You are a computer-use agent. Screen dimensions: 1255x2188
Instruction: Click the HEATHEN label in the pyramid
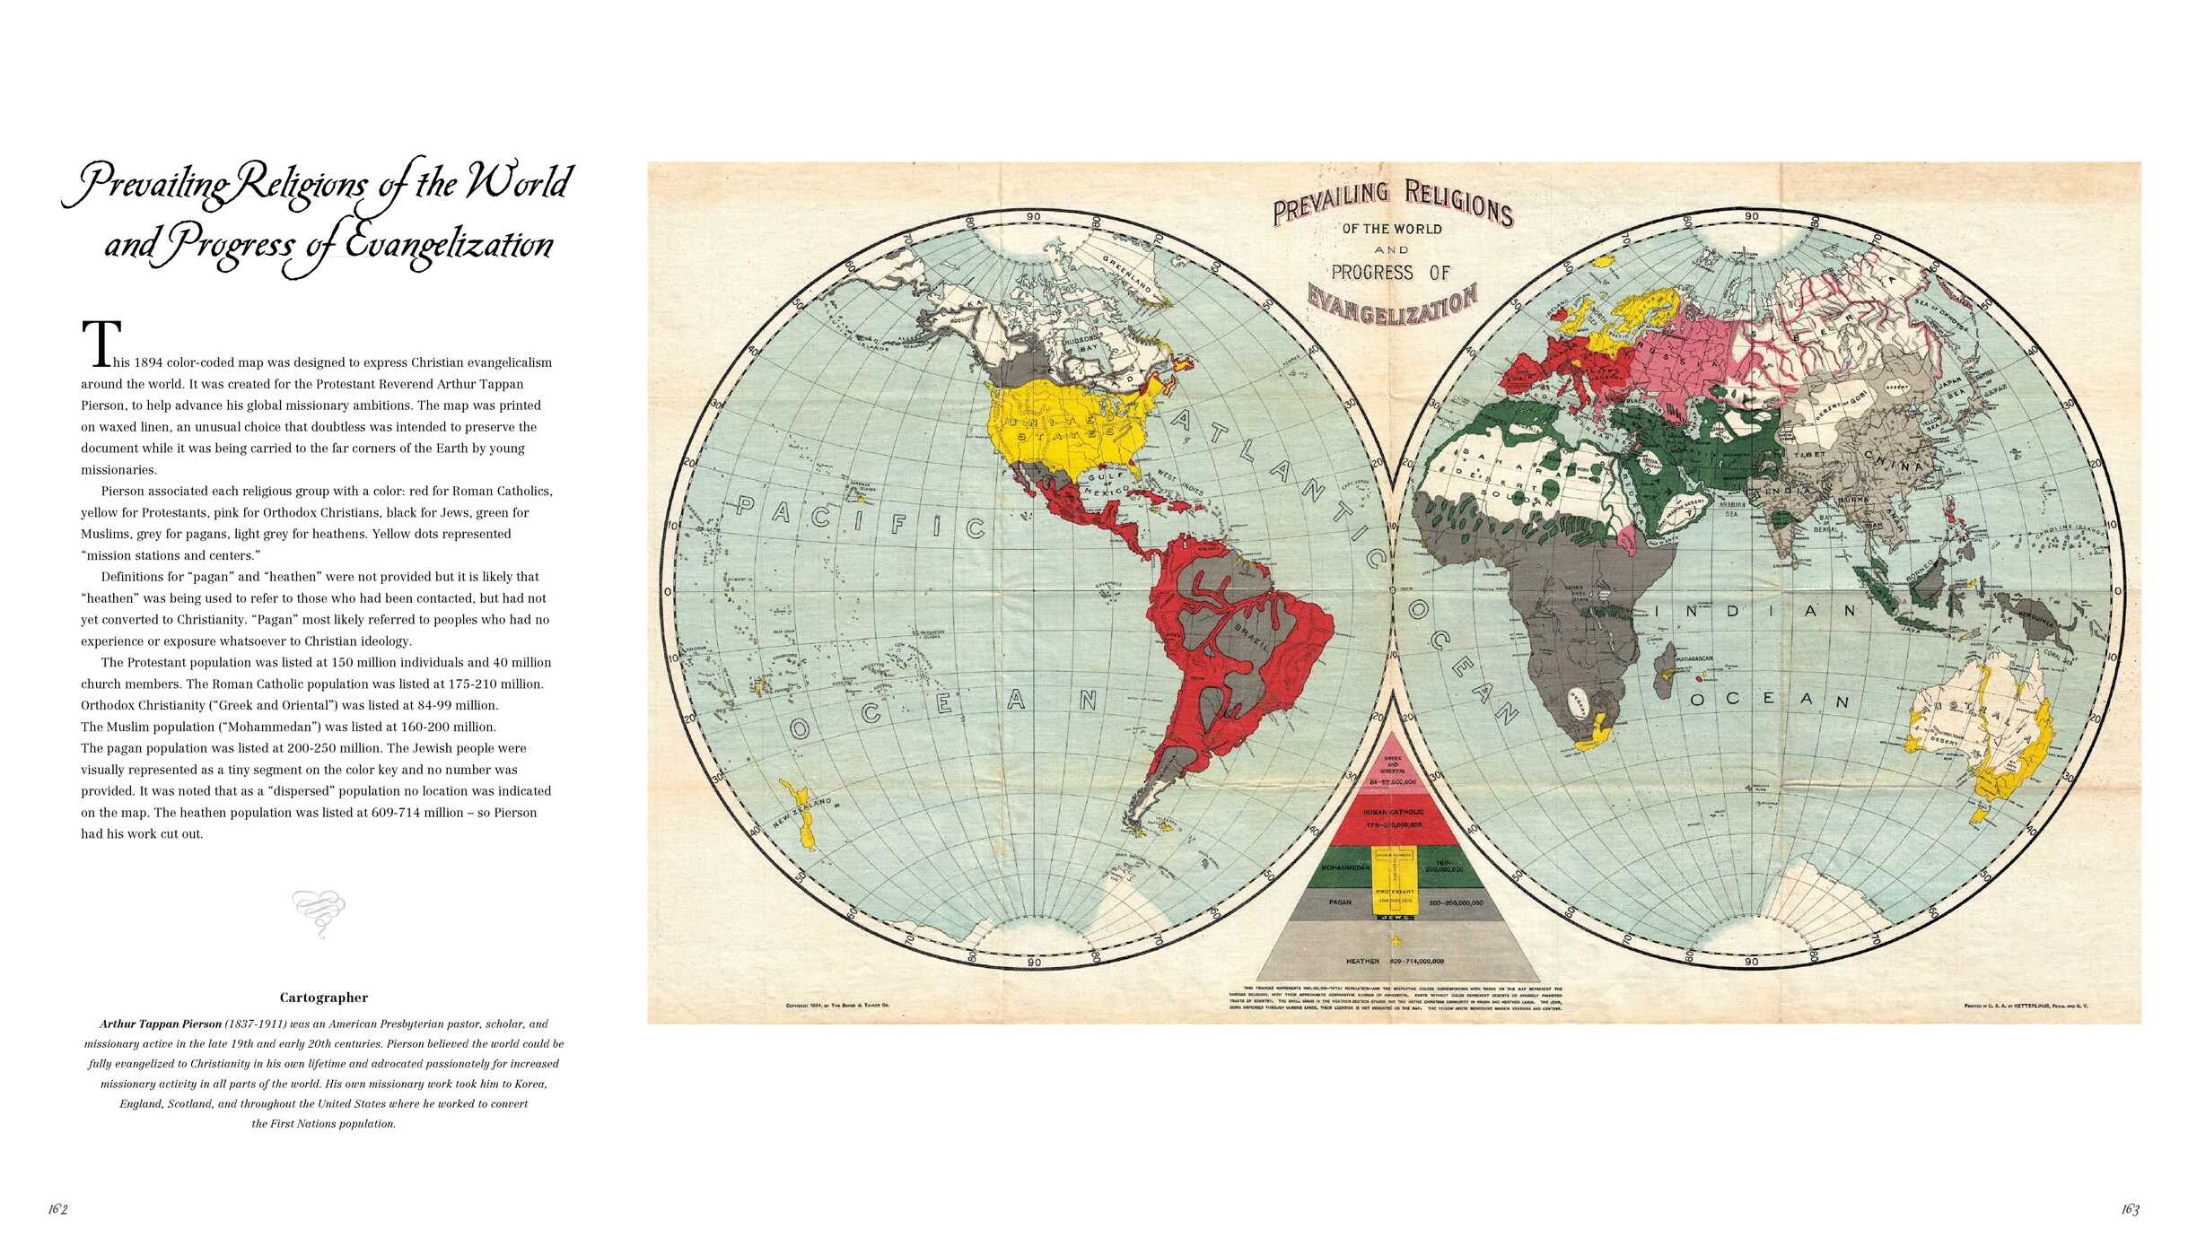(1361, 961)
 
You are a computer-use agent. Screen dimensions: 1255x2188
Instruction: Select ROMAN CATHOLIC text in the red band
(1393, 812)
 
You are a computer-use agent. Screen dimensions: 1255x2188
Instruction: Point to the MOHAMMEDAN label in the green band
(1344, 868)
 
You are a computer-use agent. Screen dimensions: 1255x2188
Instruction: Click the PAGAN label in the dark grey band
(1339, 902)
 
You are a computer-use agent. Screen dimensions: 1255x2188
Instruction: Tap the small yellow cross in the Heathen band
(1396, 941)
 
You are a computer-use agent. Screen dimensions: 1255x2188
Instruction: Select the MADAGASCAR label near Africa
(1694, 658)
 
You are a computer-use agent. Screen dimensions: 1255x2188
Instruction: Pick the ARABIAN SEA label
(1731, 510)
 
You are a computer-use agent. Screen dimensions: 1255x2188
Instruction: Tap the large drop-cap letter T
(101, 344)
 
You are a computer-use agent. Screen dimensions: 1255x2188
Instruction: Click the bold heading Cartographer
(323, 998)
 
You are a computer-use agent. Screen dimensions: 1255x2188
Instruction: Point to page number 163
(2130, 1209)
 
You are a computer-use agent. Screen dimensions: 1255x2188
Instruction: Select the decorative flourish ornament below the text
(319, 912)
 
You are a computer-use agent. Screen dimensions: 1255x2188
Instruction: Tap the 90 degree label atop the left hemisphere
(1034, 216)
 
